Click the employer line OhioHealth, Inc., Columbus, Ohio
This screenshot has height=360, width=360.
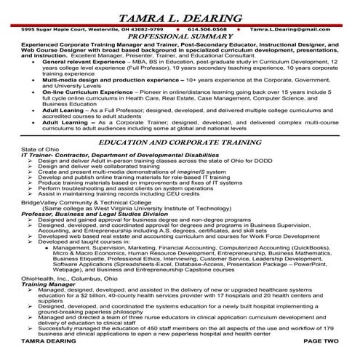click(x=69, y=277)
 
